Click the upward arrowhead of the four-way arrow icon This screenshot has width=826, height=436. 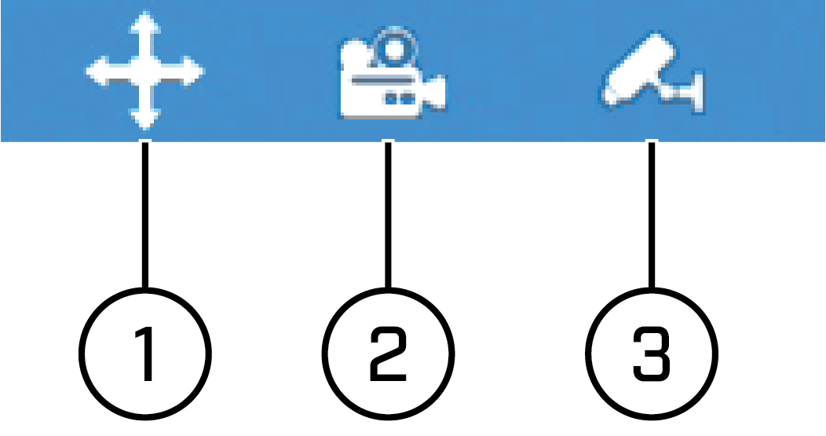(x=145, y=23)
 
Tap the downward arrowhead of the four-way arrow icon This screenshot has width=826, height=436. (x=145, y=118)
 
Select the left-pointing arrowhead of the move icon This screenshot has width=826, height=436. (x=98, y=71)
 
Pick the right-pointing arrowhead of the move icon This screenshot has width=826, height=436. (x=192, y=71)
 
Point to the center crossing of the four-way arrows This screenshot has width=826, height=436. (x=145, y=71)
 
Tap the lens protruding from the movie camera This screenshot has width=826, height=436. (x=435, y=93)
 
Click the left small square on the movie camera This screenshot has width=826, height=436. (x=392, y=98)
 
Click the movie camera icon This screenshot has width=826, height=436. (x=393, y=74)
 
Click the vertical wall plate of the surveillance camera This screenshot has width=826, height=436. (x=699, y=93)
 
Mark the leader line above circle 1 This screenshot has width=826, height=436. (x=145, y=214)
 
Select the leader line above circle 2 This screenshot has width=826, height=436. (x=388, y=214)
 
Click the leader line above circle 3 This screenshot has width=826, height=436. (x=652, y=214)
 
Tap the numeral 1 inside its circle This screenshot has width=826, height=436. (x=144, y=354)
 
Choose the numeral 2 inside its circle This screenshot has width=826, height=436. (x=388, y=354)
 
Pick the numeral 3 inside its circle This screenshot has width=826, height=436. (x=652, y=354)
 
